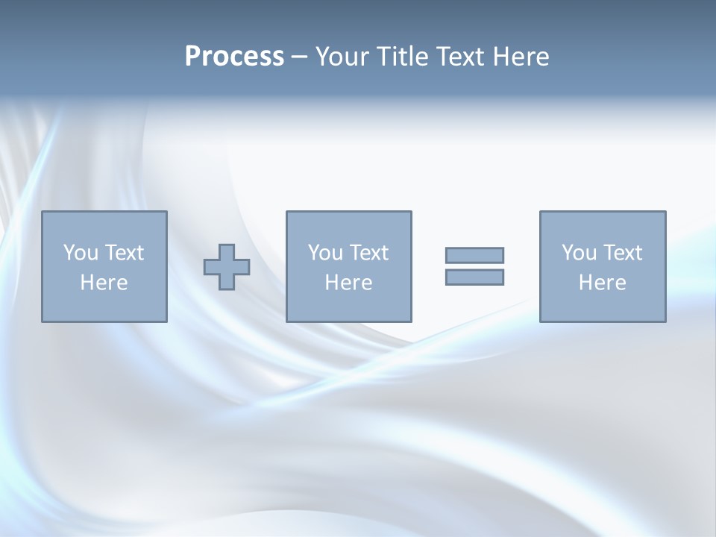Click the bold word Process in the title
[x=234, y=57]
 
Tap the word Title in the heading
[x=402, y=57]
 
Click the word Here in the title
[x=521, y=57]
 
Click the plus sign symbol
[x=227, y=267]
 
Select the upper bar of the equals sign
[x=474, y=256]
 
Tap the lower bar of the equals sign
[x=474, y=277]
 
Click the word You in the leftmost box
[x=80, y=253]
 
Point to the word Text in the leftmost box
[x=124, y=253]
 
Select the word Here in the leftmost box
[x=104, y=283]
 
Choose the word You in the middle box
[x=324, y=253]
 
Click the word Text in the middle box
[x=368, y=253]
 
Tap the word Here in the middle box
[x=348, y=283]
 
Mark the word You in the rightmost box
[x=578, y=253]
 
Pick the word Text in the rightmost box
[x=622, y=253]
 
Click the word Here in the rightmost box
[x=602, y=283]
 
